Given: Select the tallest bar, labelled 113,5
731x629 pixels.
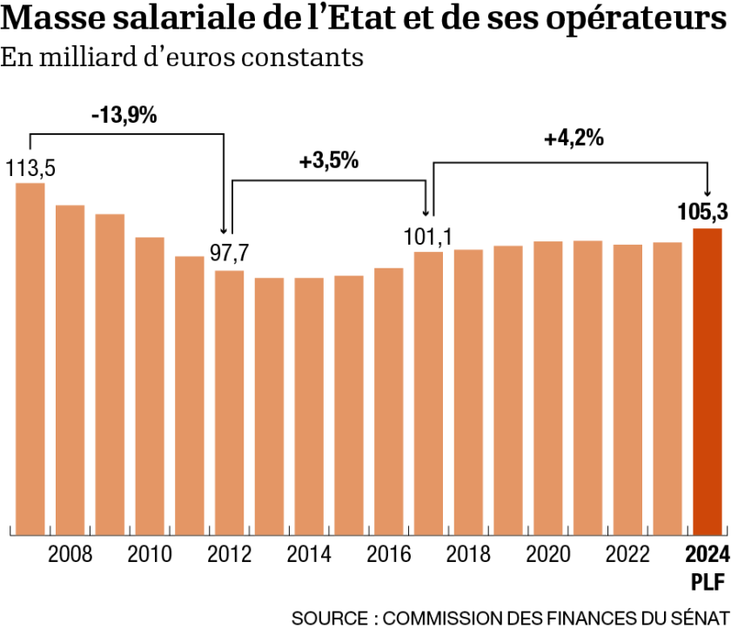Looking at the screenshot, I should (30, 358).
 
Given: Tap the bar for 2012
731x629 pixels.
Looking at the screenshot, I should (229, 402).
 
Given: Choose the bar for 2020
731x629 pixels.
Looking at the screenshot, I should (547, 387).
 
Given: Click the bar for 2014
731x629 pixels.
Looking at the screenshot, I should (308, 405).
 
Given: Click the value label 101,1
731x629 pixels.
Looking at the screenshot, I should (427, 235).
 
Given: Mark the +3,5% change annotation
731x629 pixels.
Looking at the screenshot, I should (328, 161).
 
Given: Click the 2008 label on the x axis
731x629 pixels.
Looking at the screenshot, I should (70, 555).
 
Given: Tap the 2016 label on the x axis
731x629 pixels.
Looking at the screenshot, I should (388, 555).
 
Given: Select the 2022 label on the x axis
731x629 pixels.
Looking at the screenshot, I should (627, 555).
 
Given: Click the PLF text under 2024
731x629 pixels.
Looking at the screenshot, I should (706, 580).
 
